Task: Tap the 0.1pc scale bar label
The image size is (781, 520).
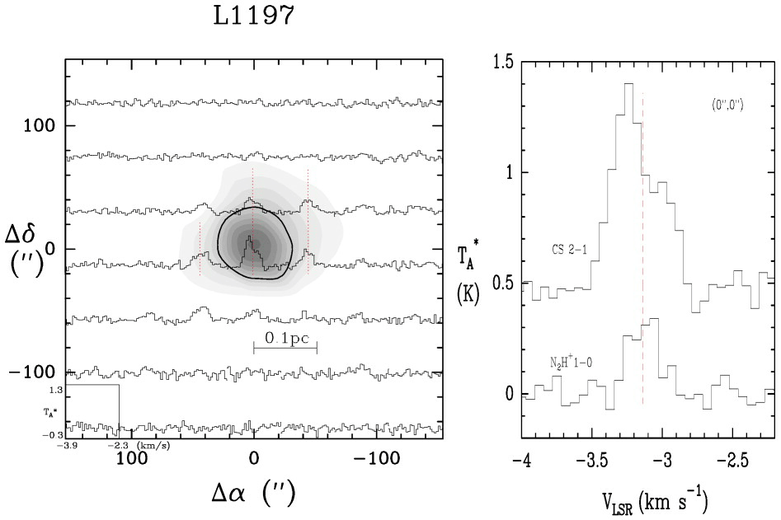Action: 285,337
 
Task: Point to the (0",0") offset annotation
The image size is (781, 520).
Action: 729,105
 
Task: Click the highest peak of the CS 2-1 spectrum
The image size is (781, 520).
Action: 628,83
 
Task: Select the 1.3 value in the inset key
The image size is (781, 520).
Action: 56,390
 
